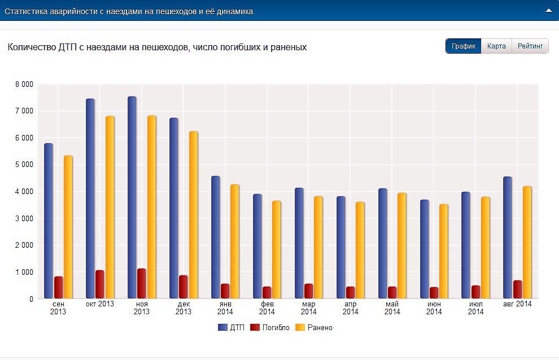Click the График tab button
coord(464,46)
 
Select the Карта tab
coord(496,46)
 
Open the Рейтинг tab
coord(530,46)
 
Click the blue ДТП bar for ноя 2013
coord(132,197)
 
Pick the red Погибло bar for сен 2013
coord(59,287)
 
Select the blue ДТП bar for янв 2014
coord(216,237)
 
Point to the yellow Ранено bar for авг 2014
coord(527,242)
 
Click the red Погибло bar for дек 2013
coord(184,287)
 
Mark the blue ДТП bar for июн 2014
coord(425,249)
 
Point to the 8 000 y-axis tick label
coord(24,85)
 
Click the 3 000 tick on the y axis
coord(24,218)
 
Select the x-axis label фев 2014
coord(267,308)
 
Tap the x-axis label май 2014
coord(392,308)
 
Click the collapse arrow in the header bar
coord(548,11)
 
